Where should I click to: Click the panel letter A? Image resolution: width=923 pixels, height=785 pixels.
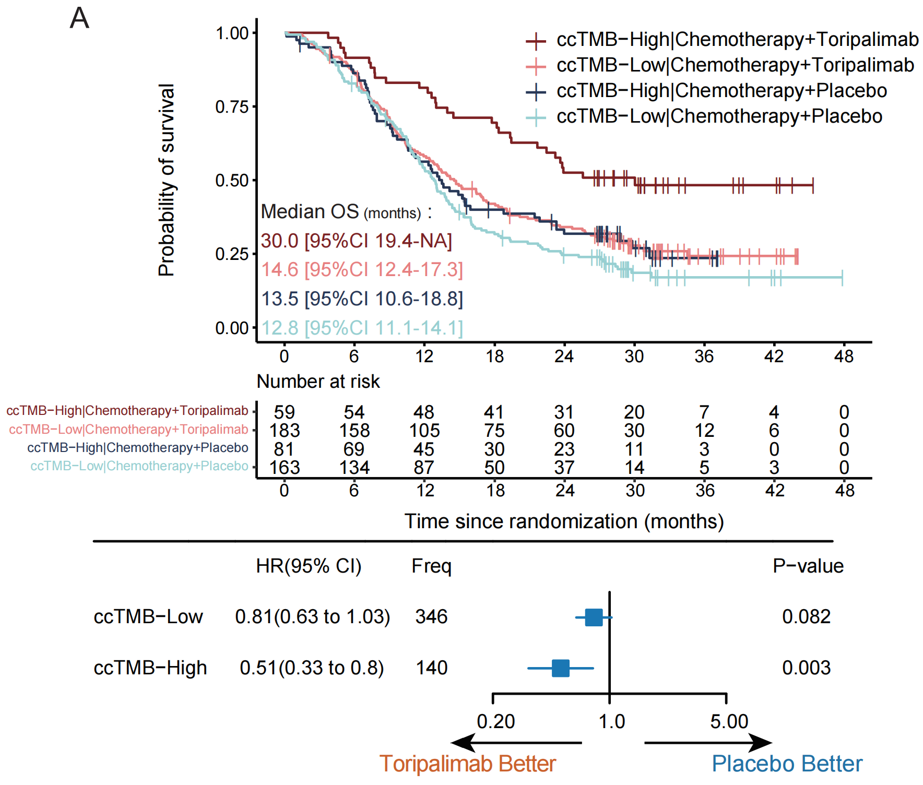coord(79,18)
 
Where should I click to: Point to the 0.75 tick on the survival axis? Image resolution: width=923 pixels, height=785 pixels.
coord(232,107)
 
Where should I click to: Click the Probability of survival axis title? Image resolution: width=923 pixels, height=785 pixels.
coord(166,180)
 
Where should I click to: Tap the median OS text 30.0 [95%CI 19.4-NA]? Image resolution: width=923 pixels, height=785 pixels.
coord(357,241)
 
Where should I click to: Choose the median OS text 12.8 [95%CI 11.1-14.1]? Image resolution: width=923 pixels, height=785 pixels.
coord(362,328)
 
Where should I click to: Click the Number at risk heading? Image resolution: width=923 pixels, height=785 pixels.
coord(318,382)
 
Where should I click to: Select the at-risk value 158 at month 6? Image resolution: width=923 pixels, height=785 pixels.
coord(354,431)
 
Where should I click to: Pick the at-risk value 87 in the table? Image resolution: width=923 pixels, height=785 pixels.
coord(424,468)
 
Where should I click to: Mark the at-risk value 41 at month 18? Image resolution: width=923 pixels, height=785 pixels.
coord(494,413)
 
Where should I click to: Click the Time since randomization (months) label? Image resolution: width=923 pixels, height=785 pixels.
coord(564,521)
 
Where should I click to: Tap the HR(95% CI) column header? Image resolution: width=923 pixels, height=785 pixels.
coord(309,566)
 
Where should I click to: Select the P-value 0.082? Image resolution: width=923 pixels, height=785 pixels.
coord(806,617)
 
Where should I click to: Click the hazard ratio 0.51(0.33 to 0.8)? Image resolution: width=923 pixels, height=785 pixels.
coord(312,668)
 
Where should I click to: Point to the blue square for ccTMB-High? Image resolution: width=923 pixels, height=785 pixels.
coord(560,668)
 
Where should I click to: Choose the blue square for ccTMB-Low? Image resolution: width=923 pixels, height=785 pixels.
coord(594,617)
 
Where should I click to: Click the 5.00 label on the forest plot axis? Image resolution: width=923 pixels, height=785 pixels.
coord(729,722)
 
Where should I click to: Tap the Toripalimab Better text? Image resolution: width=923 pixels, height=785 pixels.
coord(467,764)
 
